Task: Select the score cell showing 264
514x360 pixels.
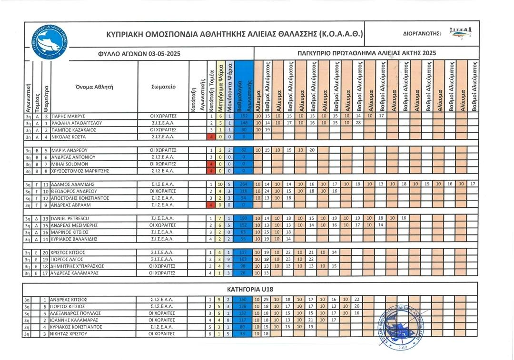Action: [x=244, y=184]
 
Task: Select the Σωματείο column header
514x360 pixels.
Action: [x=163, y=87]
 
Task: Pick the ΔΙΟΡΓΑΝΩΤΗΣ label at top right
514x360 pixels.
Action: [x=422, y=34]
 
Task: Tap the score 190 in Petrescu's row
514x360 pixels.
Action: [x=244, y=218]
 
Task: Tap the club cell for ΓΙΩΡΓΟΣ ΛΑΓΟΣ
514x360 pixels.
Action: [x=163, y=259]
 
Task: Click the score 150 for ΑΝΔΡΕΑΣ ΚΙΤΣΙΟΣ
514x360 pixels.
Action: [x=244, y=300]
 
